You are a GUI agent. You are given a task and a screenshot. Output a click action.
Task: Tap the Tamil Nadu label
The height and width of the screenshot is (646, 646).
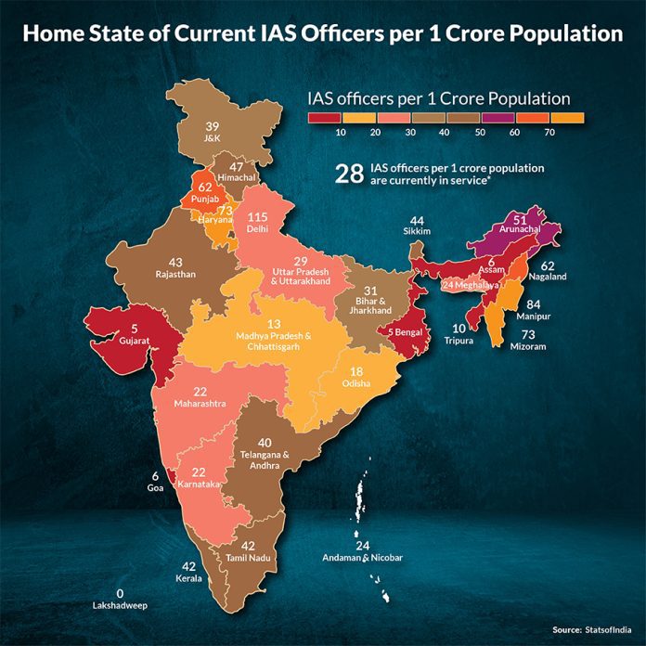[x=247, y=557]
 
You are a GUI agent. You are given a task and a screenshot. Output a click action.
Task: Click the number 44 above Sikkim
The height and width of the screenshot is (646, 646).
[x=416, y=220]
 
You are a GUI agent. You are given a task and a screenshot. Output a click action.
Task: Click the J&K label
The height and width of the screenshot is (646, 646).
[x=212, y=137]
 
